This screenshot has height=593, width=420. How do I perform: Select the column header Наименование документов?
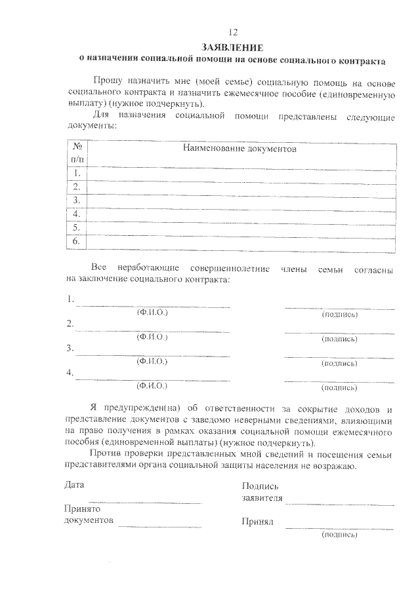coord(240,149)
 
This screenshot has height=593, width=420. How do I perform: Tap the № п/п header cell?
coord(77,153)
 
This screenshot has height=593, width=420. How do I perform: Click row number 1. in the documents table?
coord(77,173)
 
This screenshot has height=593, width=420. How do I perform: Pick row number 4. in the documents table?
coord(77,214)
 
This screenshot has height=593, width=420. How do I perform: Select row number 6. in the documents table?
coord(77,242)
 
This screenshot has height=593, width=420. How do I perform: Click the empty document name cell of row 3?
coord(241,201)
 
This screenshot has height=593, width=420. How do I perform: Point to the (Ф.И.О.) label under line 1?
coord(152,313)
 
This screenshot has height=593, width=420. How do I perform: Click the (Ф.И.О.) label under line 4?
coord(152,386)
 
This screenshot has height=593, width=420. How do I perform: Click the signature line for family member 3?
coord(339,356)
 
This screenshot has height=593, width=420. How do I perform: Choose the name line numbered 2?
coord(152,332)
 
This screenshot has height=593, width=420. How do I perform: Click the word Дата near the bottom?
coord(74,486)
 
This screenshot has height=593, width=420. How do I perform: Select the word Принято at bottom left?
coord(81,508)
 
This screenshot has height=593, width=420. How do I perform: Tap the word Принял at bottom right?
coord(257,522)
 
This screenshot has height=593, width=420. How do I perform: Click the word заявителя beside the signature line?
coord(262,498)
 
